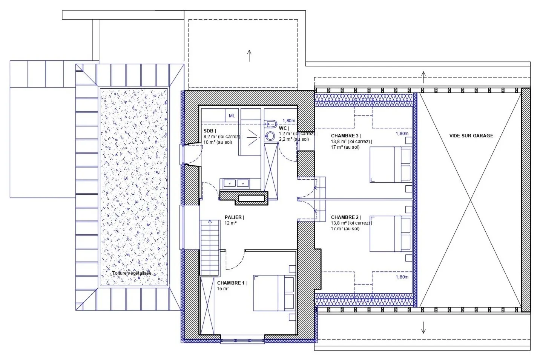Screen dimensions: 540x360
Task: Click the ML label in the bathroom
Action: coord(232,116)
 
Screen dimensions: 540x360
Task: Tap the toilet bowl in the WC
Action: coord(270,124)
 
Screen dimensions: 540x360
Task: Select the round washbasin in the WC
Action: coord(270,136)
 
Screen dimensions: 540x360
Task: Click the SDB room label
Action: coord(209,131)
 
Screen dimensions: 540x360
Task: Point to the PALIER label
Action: coord(233,217)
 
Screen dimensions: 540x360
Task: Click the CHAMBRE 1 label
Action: coord(231,283)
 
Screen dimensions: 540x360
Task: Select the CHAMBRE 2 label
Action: coord(345,217)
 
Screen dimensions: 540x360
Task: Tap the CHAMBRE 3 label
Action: coord(345,135)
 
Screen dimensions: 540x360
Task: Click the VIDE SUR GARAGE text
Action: coord(471,135)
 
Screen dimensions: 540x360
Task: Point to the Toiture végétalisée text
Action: coord(132,273)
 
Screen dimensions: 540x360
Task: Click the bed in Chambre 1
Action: coord(274,293)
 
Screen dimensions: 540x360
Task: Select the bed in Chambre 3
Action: coord(390,164)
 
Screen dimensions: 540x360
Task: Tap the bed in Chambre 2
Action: coord(390,234)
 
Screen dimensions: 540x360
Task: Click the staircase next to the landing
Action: coord(210,248)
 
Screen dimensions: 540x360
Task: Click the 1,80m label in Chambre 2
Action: coord(402,277)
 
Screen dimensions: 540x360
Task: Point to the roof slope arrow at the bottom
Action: coord(423,328)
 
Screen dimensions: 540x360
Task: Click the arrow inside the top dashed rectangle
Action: coord(249,56)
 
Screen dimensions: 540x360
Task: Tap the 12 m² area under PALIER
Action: coord(230,223)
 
